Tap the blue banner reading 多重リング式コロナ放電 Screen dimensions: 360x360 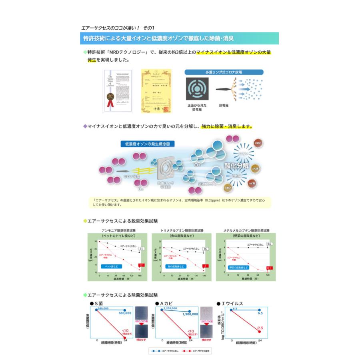pyautogui.click(x=224, y=72)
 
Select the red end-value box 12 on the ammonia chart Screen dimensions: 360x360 pyautogui.click(x=141, y=265)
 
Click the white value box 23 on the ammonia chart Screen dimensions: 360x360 pyautogui.click(x=141, y=249)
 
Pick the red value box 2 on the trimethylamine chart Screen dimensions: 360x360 pyautogui.click(x=205, y=266)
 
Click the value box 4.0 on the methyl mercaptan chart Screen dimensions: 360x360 pyautogui.click(x=269, y=244)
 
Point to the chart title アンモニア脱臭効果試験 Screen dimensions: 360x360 pyautogui.click(x=119, y=231)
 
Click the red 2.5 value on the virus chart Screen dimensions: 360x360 pyautogui.click(x=260, y=328)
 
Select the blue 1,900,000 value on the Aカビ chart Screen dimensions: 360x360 pyautogui.click(x=190, y=314)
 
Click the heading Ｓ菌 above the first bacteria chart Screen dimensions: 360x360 pyautogui.click(x=98, y=304)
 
